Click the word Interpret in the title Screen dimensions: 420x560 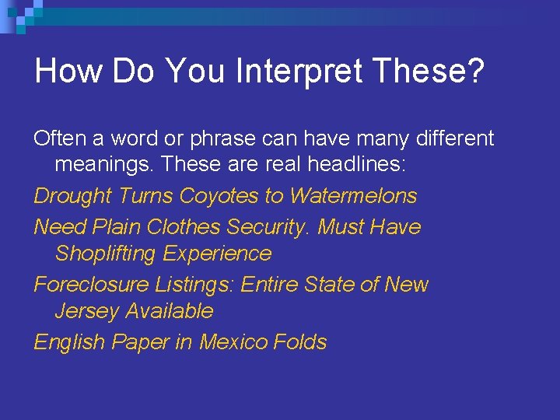pos(298,71)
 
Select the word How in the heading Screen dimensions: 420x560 pos(69,71)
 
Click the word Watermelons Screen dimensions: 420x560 pos(353,196)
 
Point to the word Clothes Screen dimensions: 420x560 pos(184,227)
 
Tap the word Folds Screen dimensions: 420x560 pos(300,341)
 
